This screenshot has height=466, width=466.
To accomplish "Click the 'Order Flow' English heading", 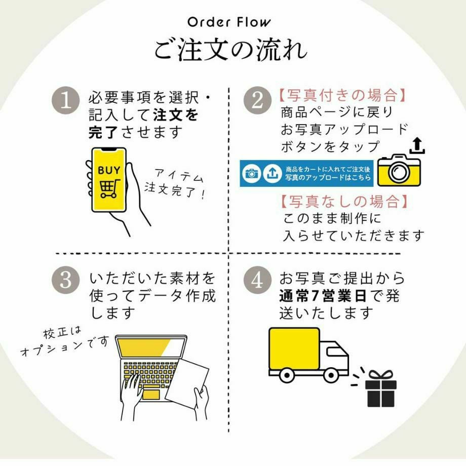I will coord(229,22).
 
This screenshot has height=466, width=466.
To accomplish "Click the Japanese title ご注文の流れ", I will coord(230,50).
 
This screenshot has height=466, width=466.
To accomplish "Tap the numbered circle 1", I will coord(66,101).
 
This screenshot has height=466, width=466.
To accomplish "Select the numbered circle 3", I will coord(66,280).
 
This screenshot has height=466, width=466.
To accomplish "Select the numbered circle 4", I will coord(257,280).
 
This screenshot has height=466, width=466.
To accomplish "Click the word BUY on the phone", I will coord(109,170).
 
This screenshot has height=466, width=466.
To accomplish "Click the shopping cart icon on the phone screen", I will coord(109,188).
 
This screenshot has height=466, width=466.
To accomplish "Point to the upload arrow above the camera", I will coord(416,146).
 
